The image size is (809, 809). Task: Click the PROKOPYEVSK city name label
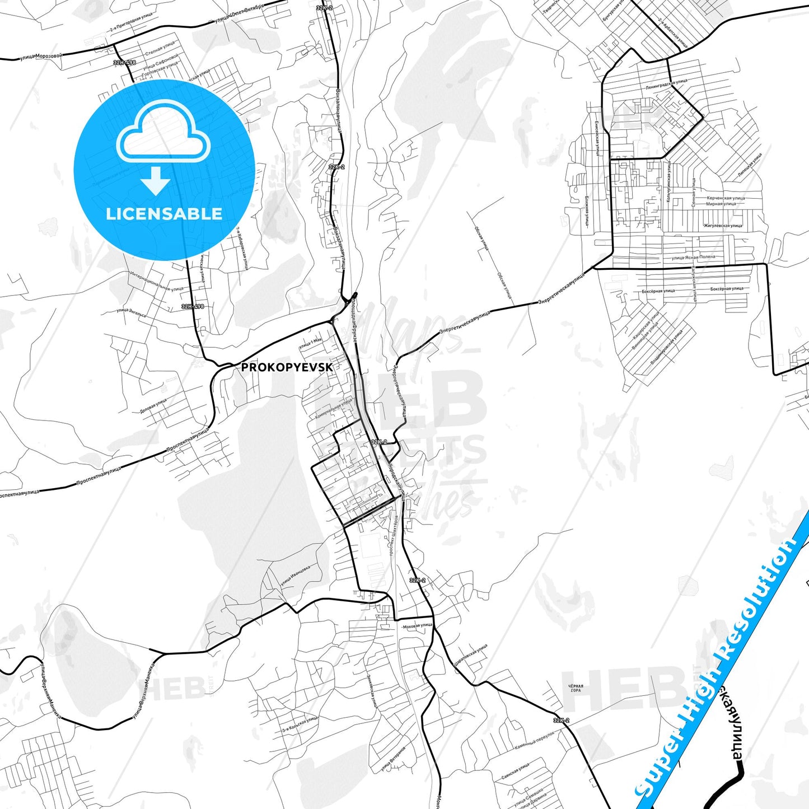(x=287, y=367)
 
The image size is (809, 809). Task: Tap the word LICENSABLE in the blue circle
(x=163, y=213)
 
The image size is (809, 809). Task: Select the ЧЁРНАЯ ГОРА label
(x=576, y=688)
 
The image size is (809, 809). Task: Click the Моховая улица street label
(x=418, y=625)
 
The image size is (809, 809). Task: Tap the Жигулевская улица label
(x=723, y=226)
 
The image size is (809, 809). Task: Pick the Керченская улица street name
(x=726, y=198)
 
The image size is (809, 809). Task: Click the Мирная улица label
(x=721, y=204)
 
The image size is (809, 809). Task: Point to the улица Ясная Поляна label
(x=693, y=257)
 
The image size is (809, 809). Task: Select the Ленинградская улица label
(x=666, y=85)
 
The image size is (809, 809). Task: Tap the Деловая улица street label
(x=153, y=406)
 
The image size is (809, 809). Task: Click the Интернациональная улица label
(x=156, y=281)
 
